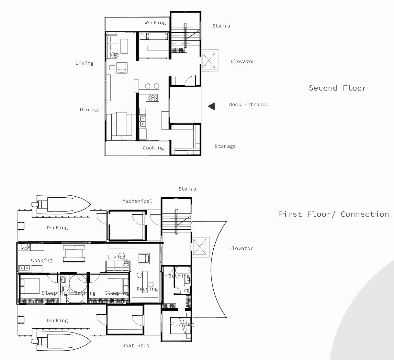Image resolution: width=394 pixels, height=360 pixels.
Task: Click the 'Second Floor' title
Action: [337, 88]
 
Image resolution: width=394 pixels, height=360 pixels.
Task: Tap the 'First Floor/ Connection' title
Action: [333, 214]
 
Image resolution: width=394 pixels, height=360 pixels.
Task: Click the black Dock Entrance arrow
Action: [211, 106]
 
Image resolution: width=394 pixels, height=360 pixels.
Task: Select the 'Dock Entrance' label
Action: [249, 104]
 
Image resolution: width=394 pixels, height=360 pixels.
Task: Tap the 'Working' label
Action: [155, 23]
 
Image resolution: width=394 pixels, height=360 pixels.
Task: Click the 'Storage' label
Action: [225, 146]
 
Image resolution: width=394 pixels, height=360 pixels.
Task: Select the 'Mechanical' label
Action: [137, 201]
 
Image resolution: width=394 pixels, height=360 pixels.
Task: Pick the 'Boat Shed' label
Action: [136, 345]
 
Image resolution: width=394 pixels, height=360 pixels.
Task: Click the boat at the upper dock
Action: [61, 204]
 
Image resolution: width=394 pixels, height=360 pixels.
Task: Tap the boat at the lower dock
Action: [61, 341]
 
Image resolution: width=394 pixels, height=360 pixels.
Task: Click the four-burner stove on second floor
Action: [153, 98]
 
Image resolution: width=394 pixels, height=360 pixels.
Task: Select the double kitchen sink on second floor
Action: [142, 121]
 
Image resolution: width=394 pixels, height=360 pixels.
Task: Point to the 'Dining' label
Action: [89, 110]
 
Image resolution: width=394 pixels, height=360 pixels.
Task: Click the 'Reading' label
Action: [147, 289]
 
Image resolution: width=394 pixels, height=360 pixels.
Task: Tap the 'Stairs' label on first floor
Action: [187, 189]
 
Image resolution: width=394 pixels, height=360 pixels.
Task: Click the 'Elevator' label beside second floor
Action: [243, 61]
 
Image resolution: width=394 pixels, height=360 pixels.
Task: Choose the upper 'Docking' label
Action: [57, 228]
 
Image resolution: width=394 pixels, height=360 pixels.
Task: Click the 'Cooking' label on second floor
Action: [153, 148]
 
